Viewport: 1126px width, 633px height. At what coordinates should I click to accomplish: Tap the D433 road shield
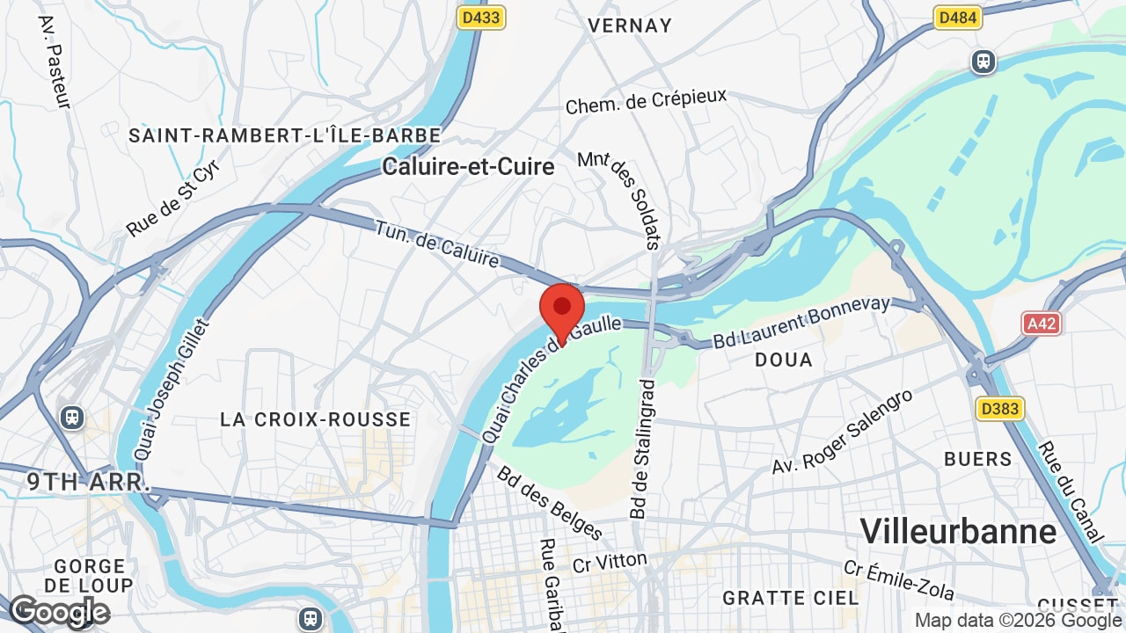(481, 18)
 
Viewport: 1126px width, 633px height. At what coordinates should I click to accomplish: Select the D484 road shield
(957, 18)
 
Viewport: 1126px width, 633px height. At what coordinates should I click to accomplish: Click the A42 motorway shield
(1042, 324)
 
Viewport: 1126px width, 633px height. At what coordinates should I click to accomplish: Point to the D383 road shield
(1000, 408)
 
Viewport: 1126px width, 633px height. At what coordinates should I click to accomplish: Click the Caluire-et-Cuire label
(468, 167)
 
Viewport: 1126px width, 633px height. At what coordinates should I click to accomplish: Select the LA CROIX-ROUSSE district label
(315, 419)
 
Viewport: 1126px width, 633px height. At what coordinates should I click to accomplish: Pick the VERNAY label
(630, 25)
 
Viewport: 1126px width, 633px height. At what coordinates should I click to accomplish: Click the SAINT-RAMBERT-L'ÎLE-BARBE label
(285, 135)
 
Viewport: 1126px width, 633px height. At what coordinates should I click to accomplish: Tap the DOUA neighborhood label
(784, 360)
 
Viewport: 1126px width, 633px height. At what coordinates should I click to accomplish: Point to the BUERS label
(978, 459)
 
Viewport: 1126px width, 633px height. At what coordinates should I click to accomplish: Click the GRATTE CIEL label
(790, 598)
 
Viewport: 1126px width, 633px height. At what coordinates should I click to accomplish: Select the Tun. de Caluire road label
(437, 244)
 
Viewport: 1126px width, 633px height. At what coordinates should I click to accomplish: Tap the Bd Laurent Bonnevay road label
(801, 322)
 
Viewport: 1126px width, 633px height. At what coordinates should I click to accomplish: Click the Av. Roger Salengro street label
(843, 432)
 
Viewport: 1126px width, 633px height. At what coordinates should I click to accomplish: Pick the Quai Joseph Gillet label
(172, 389)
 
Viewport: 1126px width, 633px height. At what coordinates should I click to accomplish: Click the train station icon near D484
(983, 62)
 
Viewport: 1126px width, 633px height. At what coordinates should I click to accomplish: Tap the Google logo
(59, 612)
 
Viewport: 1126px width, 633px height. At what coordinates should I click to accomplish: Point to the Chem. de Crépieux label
(646, 102)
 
